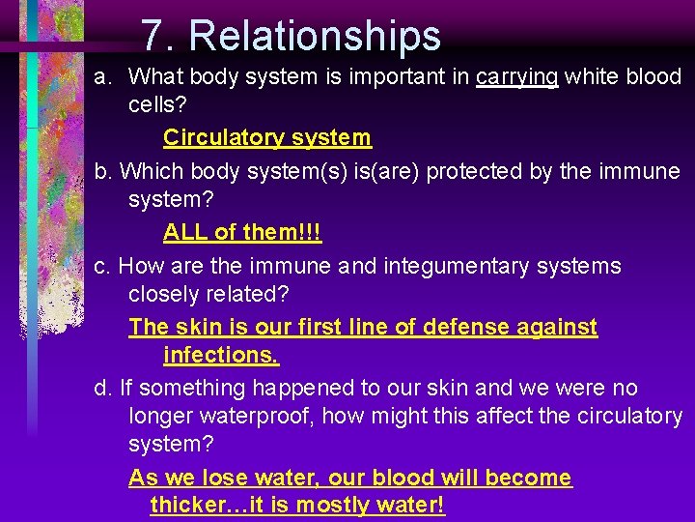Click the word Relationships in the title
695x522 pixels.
point(315,36)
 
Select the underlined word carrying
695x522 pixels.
point(516,76)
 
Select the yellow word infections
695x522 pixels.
point(221,356)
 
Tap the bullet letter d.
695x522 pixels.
point(101,389)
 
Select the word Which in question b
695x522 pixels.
point(149,171)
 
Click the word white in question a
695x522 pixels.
point(590,76)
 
